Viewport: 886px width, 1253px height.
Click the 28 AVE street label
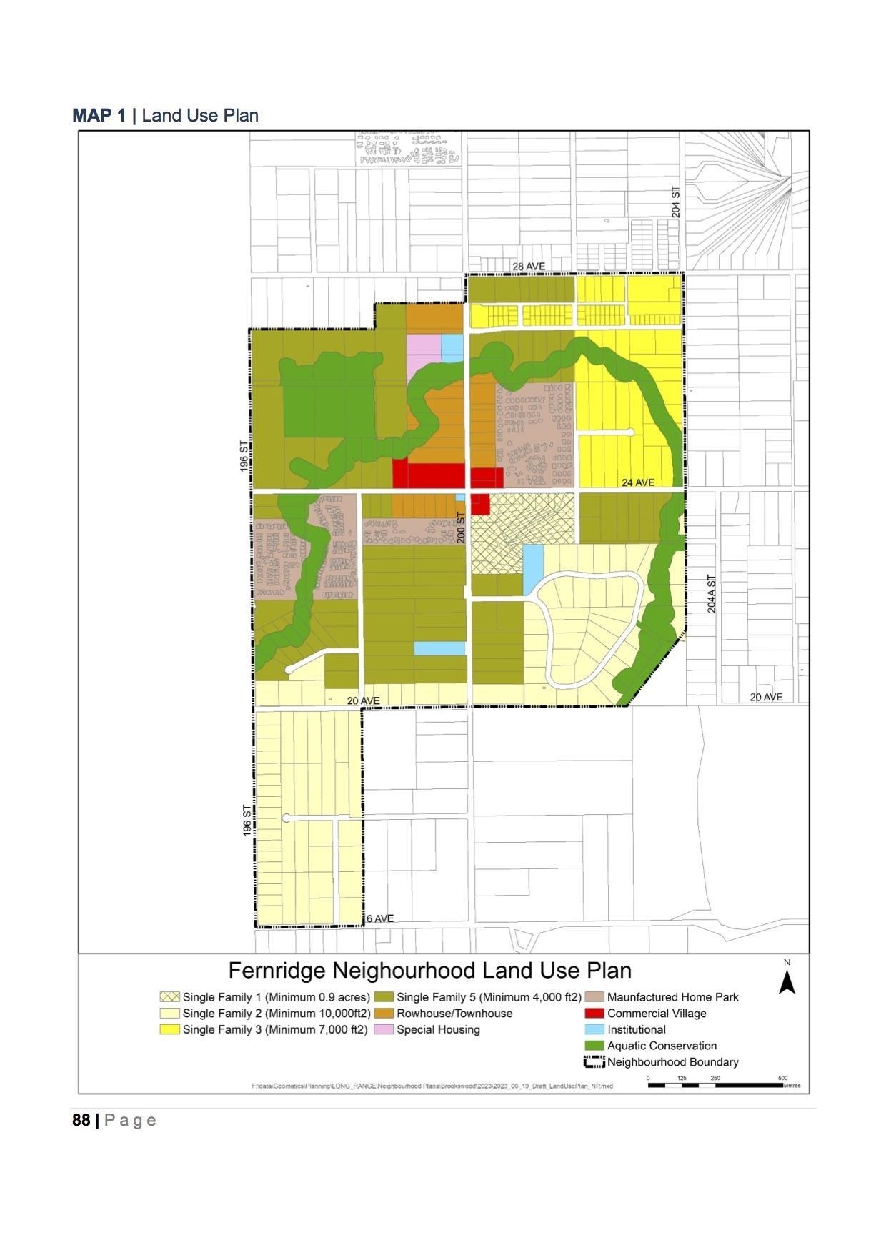tap(528, 267)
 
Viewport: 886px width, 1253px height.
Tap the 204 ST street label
tap(676, 202)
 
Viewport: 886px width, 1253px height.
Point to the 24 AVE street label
tap(637, 482)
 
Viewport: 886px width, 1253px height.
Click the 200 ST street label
tap(461, 527)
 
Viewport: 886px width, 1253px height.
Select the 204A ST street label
tap(711, 594)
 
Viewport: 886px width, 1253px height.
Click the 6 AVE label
tap(379, 918)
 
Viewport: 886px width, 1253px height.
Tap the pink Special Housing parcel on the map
tap(423, 350)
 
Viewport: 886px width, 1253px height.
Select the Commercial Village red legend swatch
tap(594, 1014)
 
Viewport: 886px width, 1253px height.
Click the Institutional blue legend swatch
tap(594, 1030)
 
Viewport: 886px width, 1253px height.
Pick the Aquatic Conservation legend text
tap(662, 1046)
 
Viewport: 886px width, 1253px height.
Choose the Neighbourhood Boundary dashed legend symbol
tap(594, 1062)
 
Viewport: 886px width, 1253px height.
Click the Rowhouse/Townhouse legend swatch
tap(384, 1014)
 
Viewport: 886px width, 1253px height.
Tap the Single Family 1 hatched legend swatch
tap(169, 997)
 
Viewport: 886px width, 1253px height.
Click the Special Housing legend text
tap(438, 1030)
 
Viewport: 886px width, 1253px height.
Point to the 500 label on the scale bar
tap(782, 1078)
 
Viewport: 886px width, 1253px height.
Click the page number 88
tap(81, 1120)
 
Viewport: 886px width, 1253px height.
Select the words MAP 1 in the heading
tap(99, 116)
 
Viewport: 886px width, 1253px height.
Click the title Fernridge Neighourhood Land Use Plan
tap(429, 971)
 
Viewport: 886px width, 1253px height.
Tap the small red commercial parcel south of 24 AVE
tap(479, 504)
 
